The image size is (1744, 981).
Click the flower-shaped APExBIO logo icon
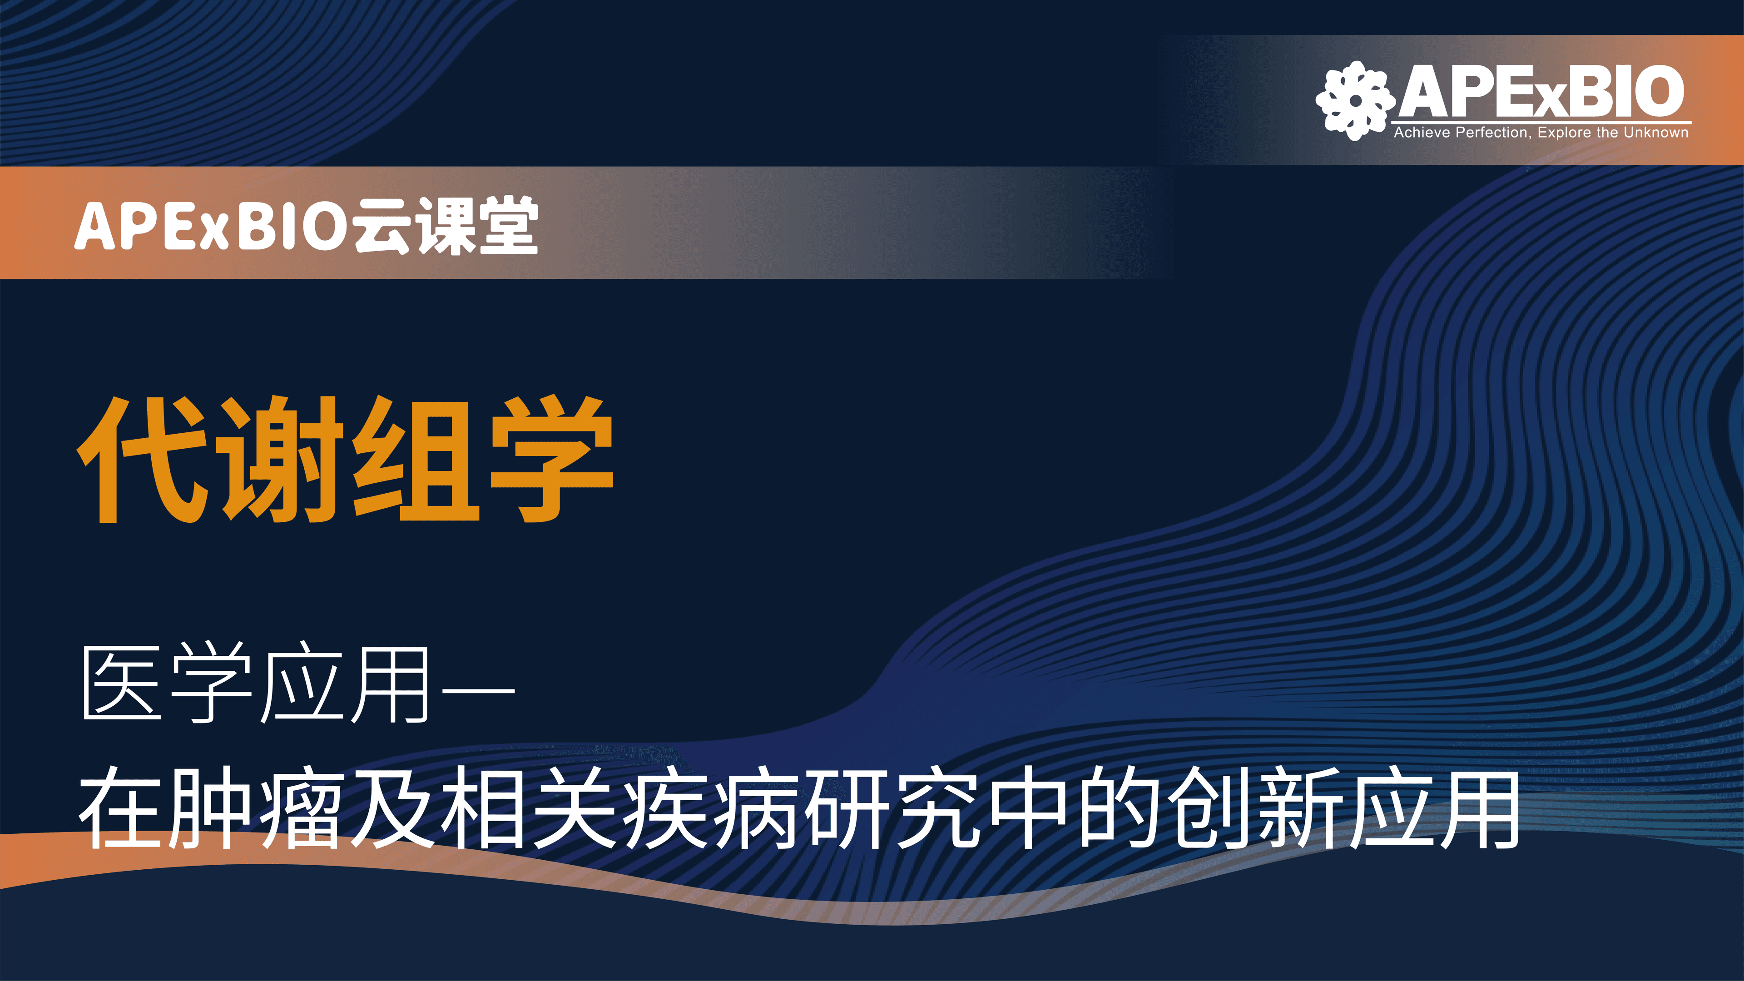pyautogui.click(x=1355, y=101)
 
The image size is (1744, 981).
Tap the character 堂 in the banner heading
pyautogui.click(x=509, y=225)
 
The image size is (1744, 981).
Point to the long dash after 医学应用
pyautogui.click(x=478, y=690)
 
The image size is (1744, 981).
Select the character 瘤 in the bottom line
pyautogui.click(x=300, y=808)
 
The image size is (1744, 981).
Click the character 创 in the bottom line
pyautogui.click(x=1209, y=808)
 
